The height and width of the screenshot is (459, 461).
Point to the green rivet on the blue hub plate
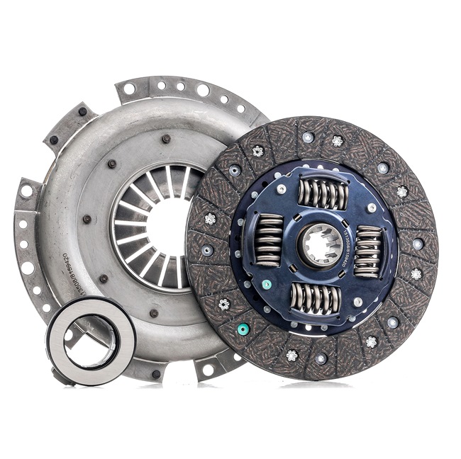click(267, 285)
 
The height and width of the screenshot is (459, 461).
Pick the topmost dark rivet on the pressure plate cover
click(165, 138)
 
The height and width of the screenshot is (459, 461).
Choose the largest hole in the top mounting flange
click(203, 90)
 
